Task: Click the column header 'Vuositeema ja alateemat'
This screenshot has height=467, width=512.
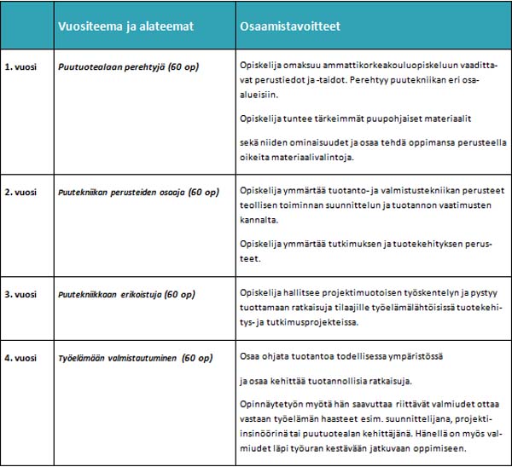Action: coord(125,26)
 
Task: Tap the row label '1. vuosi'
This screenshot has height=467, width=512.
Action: coord(20,66)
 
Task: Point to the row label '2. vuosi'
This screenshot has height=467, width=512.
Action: coord(20,193)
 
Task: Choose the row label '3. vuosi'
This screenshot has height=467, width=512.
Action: coord(20,294)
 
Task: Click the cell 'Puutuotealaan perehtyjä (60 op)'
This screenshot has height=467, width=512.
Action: coord(128,66)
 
